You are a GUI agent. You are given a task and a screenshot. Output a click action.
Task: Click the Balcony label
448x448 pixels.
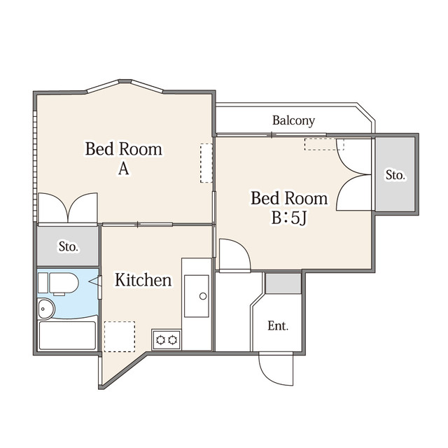[293, 120]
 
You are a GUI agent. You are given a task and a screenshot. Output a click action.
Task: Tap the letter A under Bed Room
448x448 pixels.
[124, 169]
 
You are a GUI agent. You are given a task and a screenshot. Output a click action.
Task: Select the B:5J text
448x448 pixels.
[289, 218]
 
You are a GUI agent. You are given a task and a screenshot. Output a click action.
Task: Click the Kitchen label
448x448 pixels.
[143, 280]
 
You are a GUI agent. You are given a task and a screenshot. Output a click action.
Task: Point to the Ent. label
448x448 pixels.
[278, 325]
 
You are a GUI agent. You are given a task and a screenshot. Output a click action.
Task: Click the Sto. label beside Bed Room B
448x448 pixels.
[395, 175]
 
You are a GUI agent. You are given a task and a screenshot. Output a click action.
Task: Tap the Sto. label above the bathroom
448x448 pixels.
[69, 246]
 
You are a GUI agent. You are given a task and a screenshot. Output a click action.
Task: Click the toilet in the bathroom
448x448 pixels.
[59, 283]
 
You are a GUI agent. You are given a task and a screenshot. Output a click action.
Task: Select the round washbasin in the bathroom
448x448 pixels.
[46, 309]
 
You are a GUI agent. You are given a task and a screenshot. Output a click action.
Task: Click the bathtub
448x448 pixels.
[67, 336]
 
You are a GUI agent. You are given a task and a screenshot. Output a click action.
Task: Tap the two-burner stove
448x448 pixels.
[167, 339]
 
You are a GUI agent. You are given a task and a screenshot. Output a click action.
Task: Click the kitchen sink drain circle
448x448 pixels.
[203, 296]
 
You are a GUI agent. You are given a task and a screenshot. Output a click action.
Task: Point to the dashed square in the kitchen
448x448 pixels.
[120, 337]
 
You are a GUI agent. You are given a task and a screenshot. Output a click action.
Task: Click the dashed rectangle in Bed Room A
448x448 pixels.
[206, 163]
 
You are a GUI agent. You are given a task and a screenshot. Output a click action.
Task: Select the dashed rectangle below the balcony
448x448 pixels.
[324, 144]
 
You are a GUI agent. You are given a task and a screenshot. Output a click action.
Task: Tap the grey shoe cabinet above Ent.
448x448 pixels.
[283, 283]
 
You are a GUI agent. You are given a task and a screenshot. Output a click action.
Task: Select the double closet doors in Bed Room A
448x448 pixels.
[68, 208]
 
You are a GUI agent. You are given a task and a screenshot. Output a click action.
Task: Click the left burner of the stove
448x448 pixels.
[160, 339]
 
